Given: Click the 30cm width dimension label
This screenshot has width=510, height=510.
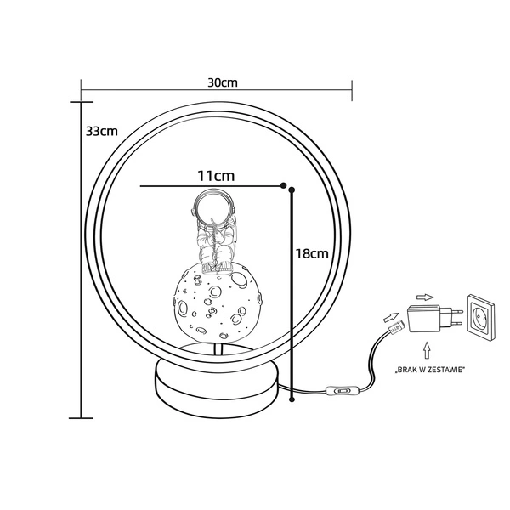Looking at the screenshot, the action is click(x=223, y=82).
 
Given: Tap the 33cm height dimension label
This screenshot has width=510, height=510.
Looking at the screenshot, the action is click(x=102, y=131).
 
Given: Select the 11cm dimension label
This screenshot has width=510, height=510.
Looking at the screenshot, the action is click(x=216, y=176).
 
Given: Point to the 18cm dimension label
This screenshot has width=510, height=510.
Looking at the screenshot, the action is click(x=312, y=253).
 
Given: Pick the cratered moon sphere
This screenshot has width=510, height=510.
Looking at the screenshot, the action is click(x=218, y=301).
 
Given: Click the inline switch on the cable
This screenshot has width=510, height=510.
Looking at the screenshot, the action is click(x=342, y=390).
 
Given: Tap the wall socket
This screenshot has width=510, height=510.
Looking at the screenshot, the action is click(x=480, y=316).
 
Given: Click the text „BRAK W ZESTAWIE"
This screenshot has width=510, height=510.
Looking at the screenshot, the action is click(x=428, y=370).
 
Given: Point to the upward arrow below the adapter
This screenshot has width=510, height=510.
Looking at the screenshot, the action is click(x=427, y=350).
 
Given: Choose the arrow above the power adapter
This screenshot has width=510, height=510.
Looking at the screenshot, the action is click(x=425, y=297).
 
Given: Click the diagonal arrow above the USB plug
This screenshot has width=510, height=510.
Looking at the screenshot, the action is click(x=391, y=316).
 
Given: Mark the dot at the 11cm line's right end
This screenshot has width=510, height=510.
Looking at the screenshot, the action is click(x=283, y=185).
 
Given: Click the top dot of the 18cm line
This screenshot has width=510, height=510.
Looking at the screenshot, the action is click(x=292, y=190).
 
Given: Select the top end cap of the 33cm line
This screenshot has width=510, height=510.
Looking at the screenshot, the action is click(x=81, y=102).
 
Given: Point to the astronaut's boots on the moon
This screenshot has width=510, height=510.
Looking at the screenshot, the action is click(x=217, y=268).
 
